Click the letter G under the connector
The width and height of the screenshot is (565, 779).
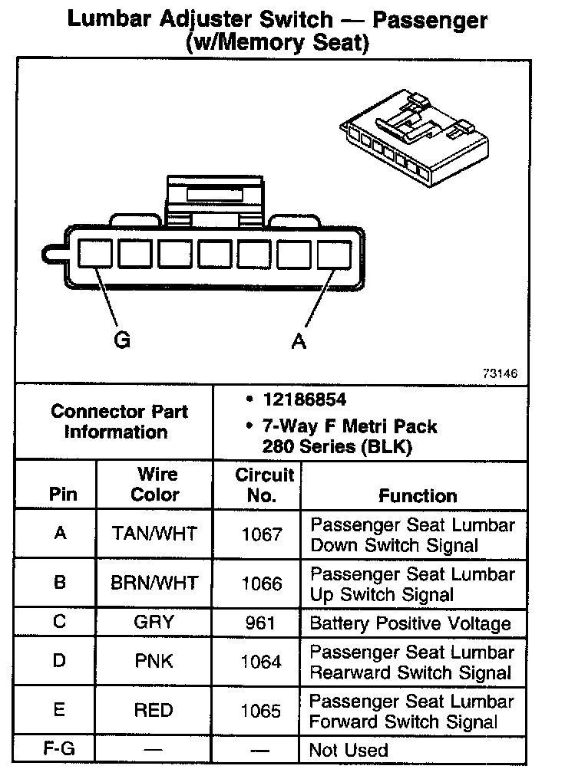[x=121, y=340]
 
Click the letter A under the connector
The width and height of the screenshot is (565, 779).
[x=299, y=340]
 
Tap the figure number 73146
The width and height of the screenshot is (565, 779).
[x=500, y=373]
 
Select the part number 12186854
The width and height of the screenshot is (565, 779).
[x=304, y=400]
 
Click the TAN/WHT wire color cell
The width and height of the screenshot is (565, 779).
[x=154, y=534]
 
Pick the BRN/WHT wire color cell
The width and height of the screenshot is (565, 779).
[x=154, y=583]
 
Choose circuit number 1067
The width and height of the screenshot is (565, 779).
[x=262, y=534]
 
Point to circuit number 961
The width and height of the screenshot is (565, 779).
[x=261, y=622]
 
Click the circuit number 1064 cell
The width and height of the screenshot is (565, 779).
[x=262, y=662]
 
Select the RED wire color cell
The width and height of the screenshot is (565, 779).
[x=154, y=710]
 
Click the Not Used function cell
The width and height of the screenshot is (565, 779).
[x=349, y=750]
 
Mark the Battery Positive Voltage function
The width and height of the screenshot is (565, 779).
[x=410, y=623]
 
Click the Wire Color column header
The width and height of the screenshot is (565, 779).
[x=155, y=485]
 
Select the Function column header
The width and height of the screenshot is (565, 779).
[x=418, y=495]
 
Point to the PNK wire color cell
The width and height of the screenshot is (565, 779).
[x=154, y=662]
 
